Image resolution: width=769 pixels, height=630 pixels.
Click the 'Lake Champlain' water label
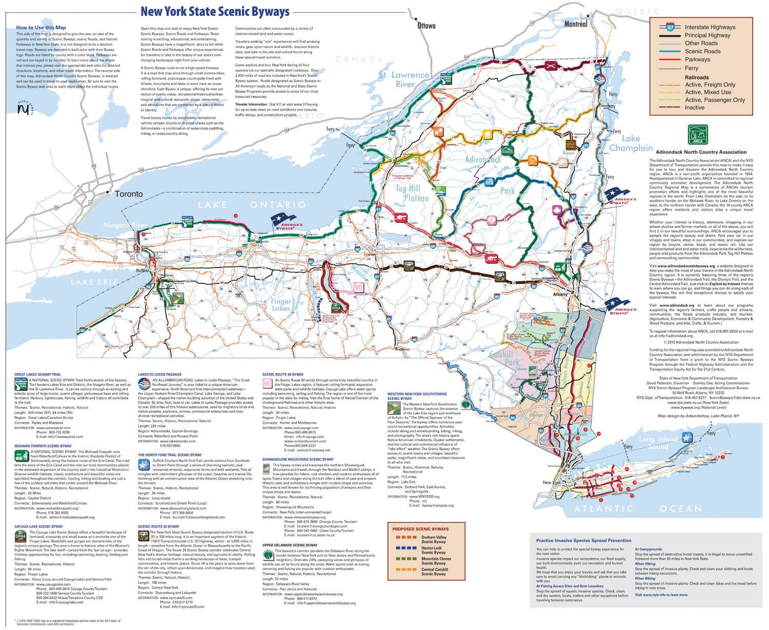point(630,143)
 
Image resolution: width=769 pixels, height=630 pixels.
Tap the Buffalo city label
point(143,269)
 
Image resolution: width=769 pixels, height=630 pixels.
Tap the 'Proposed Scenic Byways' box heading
point(420,529)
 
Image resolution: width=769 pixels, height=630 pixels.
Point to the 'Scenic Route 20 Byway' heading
point(158,526)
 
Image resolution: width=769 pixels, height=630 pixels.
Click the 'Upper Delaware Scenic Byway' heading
point(289,545)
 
